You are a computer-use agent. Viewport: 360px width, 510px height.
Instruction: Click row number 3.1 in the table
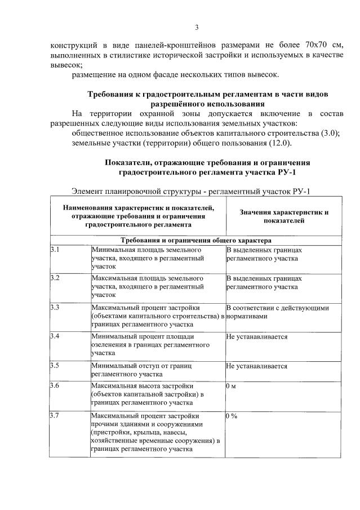coord(55,249)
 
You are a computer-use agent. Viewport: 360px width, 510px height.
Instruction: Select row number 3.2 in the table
coord(55,278)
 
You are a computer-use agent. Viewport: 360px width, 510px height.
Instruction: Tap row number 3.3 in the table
coord(55,308)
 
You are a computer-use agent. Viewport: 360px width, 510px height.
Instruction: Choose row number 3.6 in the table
coord(55,387)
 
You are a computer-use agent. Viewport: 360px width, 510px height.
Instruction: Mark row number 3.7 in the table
coord(55,416)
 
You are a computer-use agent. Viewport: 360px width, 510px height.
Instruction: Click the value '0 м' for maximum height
coord(231,387)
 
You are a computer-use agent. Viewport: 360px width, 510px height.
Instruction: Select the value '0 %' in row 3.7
coord(232,416)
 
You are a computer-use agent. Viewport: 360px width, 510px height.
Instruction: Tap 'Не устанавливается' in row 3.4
coord(257,337)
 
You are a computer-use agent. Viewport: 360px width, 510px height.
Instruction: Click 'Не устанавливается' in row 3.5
coord(257,366)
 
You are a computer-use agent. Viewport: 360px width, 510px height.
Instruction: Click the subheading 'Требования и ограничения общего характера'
coord(195,240)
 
